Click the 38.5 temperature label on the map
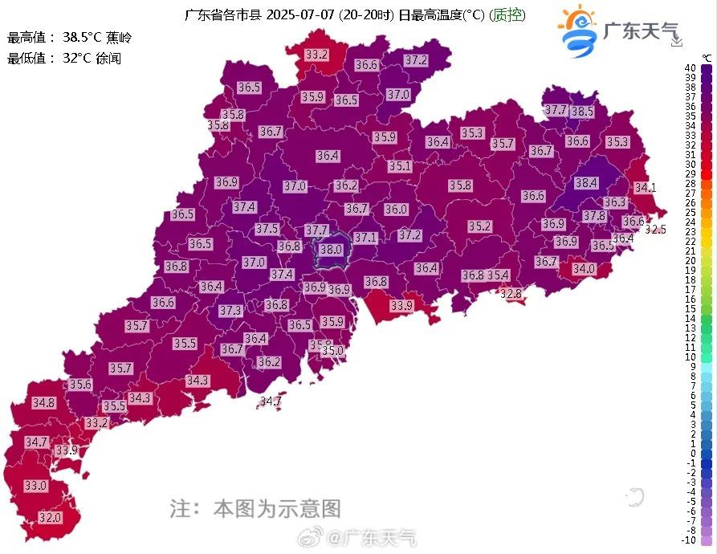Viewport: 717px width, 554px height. pyautogui.click(x=582, y=112)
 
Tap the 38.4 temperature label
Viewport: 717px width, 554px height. pyautogui.click(x=586, y=183)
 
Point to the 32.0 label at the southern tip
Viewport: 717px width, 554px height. pyautogui.click(x=50, y=518)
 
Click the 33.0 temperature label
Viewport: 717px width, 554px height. pyautogui.click(x=35, y=486)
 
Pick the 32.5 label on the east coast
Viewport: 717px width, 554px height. pyautogui.click(x=655, y=230)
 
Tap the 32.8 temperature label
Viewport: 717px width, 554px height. pyautogui.click(x=511, y=294)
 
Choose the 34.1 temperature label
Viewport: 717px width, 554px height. pyautogui.click(x=645, y=188)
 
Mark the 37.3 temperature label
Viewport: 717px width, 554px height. pyautogui.click(x=230, y=310)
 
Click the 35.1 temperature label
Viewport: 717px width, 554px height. pyautogui.click(x=400, y=166)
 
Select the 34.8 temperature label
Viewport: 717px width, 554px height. pyautogui.click(x=43, y=402)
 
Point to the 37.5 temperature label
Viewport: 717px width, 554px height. pyautogui.click(x=267, y=229)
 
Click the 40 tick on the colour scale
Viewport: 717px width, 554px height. pyautogui.click(x=691, y=68)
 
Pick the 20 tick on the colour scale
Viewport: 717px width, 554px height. pyautogui.click(x=691, y=260)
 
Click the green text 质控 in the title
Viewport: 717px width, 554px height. pyautogui.click(x=507, y=15)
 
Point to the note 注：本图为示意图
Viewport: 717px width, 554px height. pyautogui.click(x=255, y=508)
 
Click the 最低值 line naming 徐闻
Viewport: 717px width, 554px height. pyautogui.click(x=64, y=58)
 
